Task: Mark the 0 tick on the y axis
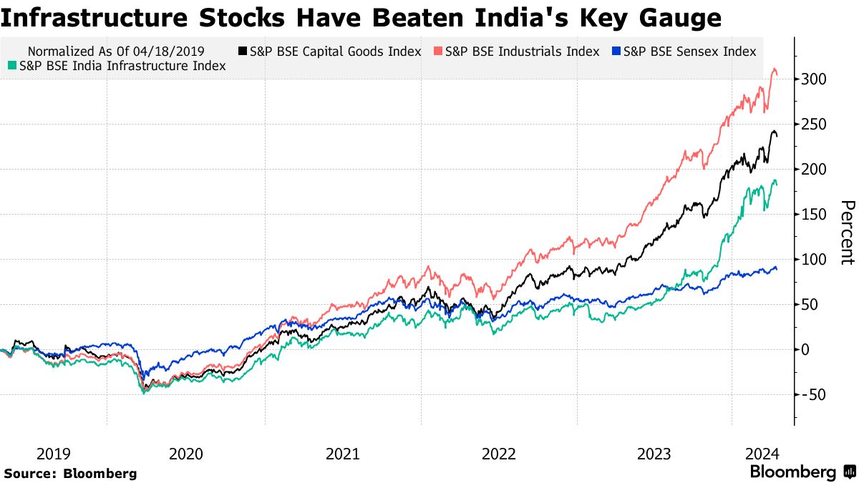point(807,349)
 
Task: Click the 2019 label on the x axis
point(53,454)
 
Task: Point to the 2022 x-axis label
point(498,454)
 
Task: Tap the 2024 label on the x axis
point(762,454)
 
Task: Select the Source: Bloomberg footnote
point(69,473)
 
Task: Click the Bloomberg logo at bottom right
point(801,472)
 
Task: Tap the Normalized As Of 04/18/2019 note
point(116,52)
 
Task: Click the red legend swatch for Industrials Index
point(438,52)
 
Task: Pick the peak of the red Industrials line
point(774,69)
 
